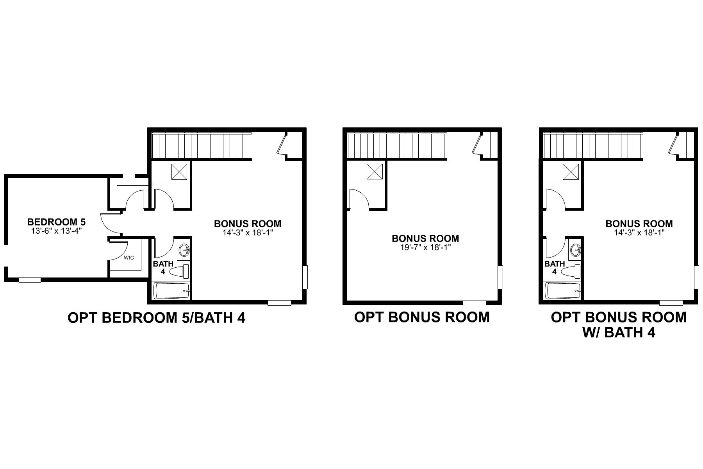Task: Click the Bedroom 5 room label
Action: [x=56, y=222]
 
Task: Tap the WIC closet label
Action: [x=129, y=258]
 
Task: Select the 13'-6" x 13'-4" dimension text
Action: [x=56, y=231]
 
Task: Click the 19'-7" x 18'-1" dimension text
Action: [x=425, y=247]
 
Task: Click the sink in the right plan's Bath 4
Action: [x=575, y=249]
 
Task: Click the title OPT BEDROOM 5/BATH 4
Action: [x=156, y=318]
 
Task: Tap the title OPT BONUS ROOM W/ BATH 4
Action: [x=618, y=324]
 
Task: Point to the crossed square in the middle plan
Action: [x=375, y=172]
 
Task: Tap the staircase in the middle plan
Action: [x=396, y=145]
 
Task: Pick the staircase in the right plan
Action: [x=593, y=145]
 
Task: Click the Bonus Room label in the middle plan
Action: [x=425, y=238]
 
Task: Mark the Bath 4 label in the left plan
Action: [x=163, y=267]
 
